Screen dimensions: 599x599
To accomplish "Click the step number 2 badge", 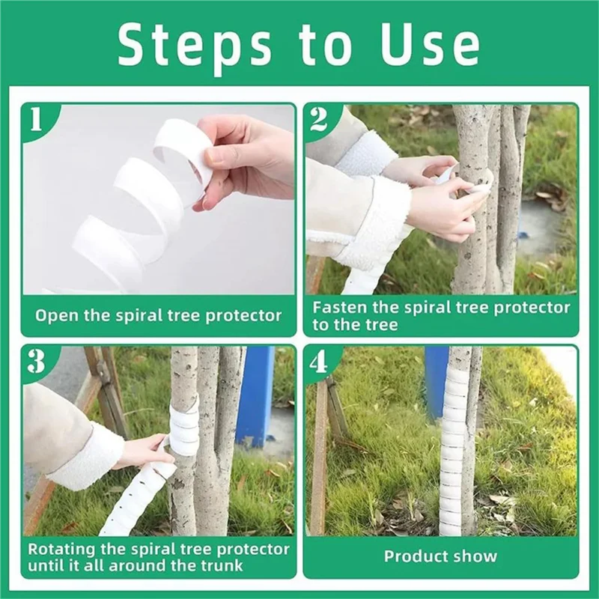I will pos(317,119).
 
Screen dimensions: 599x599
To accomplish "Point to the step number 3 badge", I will pos(35,362).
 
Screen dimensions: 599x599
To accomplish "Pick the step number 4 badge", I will pos(317,362).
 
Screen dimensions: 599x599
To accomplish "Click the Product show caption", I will pos(440,556).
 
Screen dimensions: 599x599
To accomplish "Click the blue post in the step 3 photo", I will pos(254,397).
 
